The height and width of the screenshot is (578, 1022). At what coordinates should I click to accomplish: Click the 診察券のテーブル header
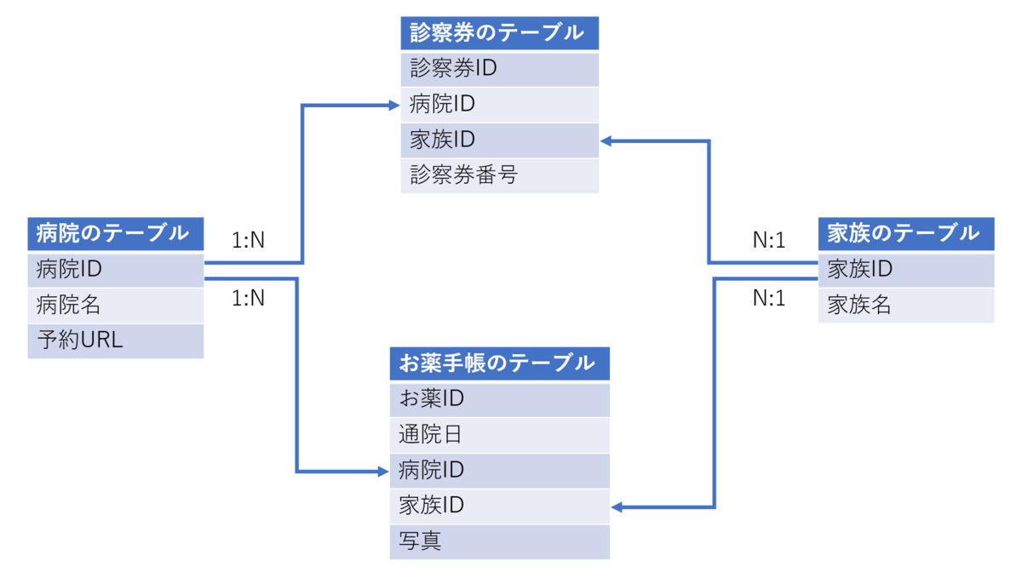pyautogui.click(x=499, y=33)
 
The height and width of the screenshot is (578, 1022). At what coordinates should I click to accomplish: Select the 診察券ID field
pyautogui.click(x=499, y=69)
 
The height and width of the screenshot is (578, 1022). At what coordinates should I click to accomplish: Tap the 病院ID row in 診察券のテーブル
pyautogui.click(x=499, y=105)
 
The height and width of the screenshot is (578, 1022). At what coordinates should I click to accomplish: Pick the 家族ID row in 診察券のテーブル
pyautogui.click(x=499, y=140)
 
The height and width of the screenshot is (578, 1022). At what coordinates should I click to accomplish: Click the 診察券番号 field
pyautogui.click(x=499, y=176)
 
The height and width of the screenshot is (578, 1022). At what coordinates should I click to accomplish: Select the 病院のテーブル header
pyautogui.click(x=115, y=232)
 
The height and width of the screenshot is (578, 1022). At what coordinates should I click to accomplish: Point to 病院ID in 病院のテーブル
pyautogui.click(x=115, y=270)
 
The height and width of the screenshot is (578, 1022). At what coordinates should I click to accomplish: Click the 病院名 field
pyautogui.click(x=115, y=305)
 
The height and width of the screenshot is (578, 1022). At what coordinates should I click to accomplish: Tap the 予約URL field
pyautogui.click(x=115, y=341)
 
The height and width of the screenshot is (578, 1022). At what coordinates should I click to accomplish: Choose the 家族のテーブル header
pyautogui.click(x=905, y=232)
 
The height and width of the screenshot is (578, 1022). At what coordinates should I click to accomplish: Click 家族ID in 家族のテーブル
pyautogui.click(x=905, y=270)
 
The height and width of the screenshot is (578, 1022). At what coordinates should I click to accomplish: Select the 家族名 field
pyautogui.click(x=905, y=305)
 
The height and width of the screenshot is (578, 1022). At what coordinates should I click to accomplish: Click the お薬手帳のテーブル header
pyautogui.click(x=499, y=363)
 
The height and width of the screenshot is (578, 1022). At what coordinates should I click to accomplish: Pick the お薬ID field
pyautogui.click(x=499, y=398)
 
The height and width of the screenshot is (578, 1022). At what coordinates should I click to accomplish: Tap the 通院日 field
pyautogui.click(x=499, y=435)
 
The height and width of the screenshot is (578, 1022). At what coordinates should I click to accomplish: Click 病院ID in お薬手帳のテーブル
pyautogui.click(x=499, y=471)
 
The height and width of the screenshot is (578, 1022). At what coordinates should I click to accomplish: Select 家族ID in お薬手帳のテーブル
pyautogui.click(x=499, y=506)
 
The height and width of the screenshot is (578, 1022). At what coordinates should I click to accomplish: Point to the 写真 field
pyautogui.click(x=499, y=541)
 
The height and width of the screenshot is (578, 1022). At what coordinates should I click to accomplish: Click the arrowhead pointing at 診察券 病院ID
pyautogui.click(x=393, y=106)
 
